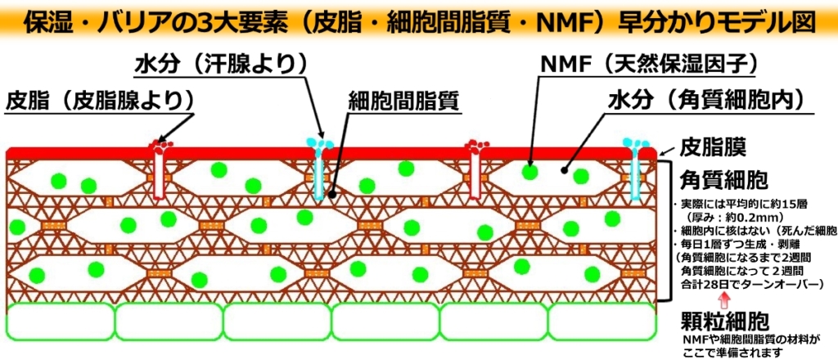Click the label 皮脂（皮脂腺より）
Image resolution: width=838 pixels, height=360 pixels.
tap(100, 100)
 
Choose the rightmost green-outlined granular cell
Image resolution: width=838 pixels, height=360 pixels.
tap(602, 322)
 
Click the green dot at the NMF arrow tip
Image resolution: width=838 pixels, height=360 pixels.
tap(529, 172)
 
